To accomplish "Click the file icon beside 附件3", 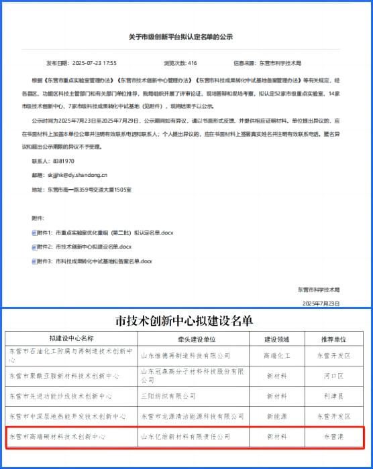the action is click(34, 261).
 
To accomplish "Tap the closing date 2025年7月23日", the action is click(321, 303).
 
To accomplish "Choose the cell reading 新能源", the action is click(276, 416).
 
